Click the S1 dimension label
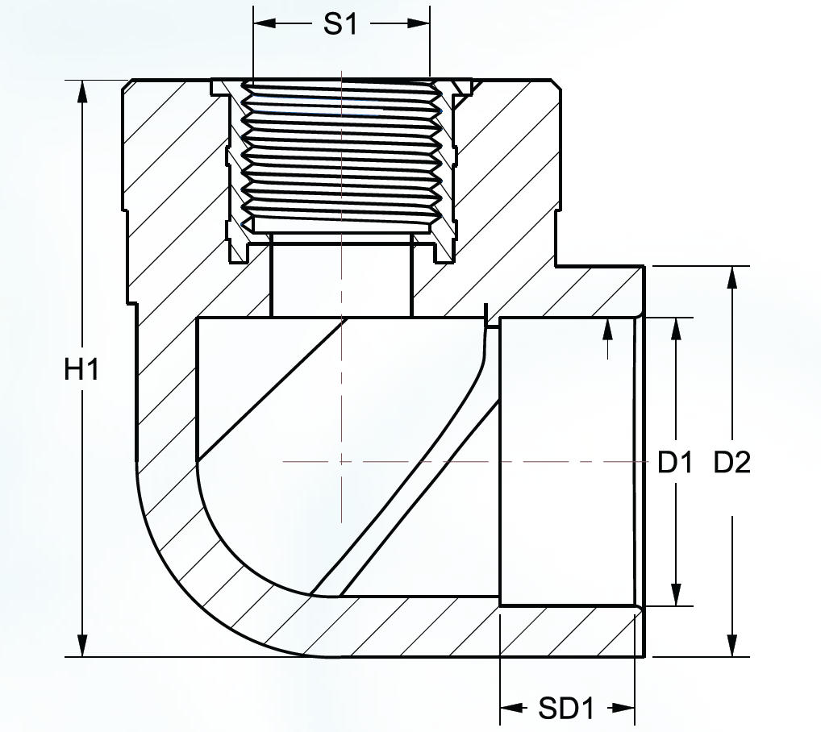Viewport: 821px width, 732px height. pyautogui.click(x=340, y=23)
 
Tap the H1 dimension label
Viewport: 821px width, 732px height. pyautogui.click(x=81, y=369)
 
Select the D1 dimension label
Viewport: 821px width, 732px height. pyautogui.click(x=676, y=462)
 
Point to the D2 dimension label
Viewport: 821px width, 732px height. pyautogui.click(x=732, y=462)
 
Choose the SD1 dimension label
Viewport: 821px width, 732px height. pyautogui.click(x=566, y=709)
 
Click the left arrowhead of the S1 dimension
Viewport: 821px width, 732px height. pyautogui.click(x=265, y=23)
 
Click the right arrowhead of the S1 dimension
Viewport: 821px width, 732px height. pyautogui.click(x=419, y=23)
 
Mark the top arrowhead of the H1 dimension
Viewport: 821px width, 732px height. pyautogui.click(x=82, y=92)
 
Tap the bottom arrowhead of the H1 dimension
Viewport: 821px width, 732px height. pyautogui.click(x=82, y=645)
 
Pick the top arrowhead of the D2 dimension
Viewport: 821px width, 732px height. pyautogui.click(x=732, y=277)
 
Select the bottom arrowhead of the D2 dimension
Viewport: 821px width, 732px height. pyautogui.click(x=732, y=645)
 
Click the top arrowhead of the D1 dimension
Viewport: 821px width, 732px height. pyautogui.click(x=676, y=329)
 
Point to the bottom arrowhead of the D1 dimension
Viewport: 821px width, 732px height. pyautogui.click(x=676, y=595)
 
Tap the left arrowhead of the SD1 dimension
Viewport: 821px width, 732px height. pyautogui.click(x=511, y=709)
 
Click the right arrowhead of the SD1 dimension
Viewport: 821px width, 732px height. pyautogui.click(x=623, y=709)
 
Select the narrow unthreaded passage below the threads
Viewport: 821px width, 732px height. pyautogui.click(x=341, y=275)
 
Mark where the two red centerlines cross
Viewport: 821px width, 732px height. pyautogui.click(x=341, y=461)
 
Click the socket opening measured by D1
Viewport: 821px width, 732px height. pyautogui.click(x=568, y=461)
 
